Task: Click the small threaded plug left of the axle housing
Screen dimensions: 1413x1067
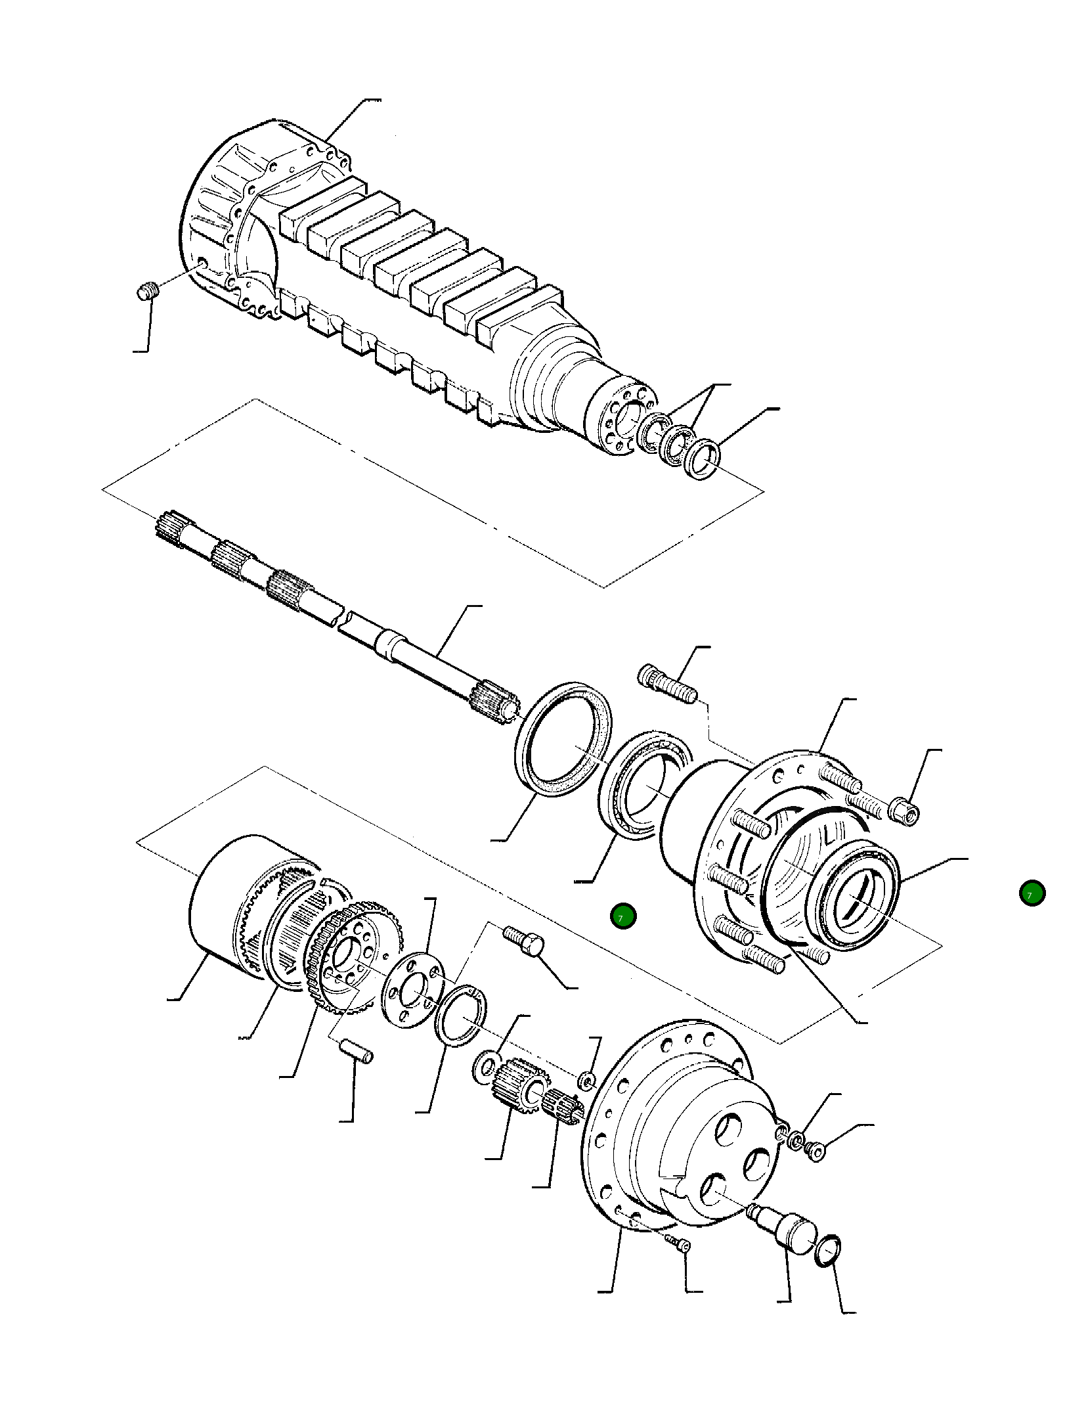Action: pos(148,290)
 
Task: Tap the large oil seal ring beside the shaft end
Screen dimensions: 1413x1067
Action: pos(563,738)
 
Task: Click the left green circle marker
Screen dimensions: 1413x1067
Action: pos(622,916)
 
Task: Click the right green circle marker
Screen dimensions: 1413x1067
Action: pos(1032,893)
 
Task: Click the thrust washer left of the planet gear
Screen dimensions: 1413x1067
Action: pos(485,1067)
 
